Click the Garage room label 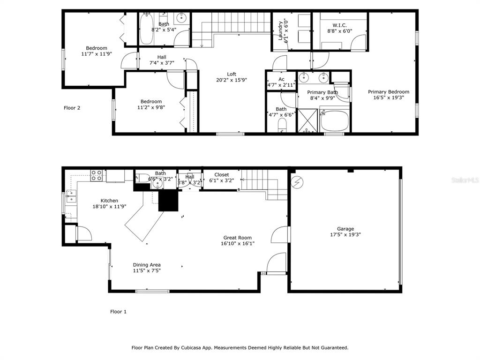point(345,229)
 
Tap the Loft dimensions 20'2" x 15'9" point(232,80)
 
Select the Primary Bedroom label point(389,92)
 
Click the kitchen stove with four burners point(96,176)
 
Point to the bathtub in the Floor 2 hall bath point(147,29)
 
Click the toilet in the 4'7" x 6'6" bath point(282,126)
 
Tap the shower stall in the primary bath point(307,120)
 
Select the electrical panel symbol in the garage point(297,182)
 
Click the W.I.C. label point(339,25)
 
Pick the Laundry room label point(280,30)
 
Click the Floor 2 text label point(72,108)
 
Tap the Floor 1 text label point(118,312)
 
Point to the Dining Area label point(147,265)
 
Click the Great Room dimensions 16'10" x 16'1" point(238,244)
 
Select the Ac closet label point(281,79)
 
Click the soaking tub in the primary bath point(334,120)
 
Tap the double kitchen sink point(71,196)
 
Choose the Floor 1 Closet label point(222,175)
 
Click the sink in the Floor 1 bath point(157,183)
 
